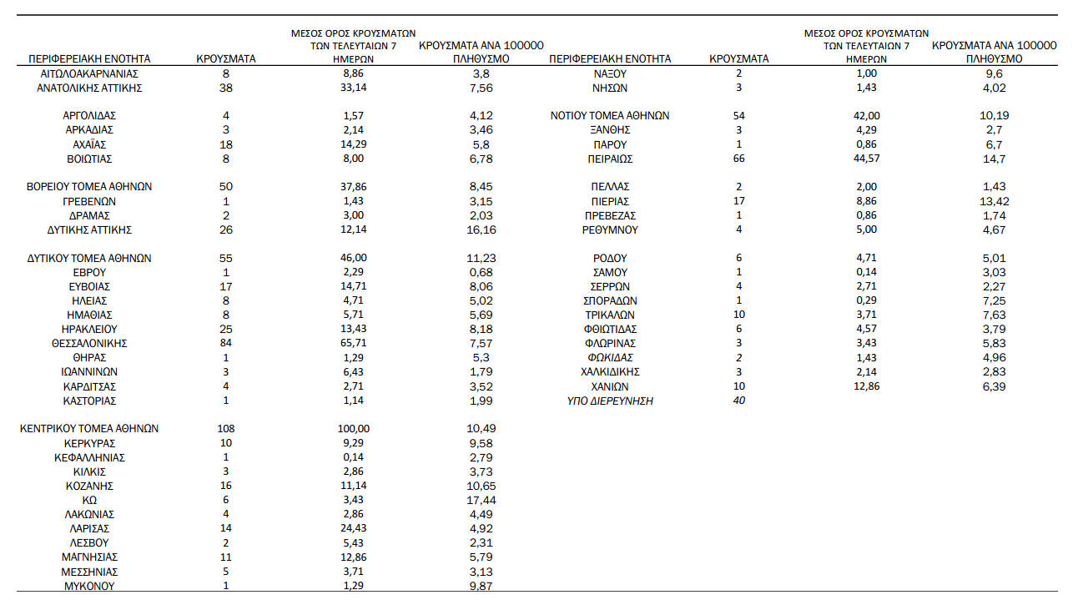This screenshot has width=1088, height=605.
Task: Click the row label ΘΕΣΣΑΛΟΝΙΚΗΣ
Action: point(89,343)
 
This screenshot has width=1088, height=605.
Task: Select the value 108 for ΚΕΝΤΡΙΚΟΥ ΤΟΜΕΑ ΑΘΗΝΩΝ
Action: point(225,428)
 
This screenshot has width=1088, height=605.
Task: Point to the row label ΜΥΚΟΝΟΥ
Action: point(89,586)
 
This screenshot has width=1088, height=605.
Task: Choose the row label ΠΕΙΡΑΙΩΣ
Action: point(610,159)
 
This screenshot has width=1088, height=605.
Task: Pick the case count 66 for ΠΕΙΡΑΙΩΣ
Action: point(738,159)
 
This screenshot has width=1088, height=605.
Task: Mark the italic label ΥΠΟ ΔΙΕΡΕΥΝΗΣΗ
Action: point(610,401)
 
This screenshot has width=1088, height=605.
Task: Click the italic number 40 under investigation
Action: point(738,401)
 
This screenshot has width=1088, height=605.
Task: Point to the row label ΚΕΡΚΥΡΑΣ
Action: point(89,443)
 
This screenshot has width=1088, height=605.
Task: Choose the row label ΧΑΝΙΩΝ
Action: point(610,386)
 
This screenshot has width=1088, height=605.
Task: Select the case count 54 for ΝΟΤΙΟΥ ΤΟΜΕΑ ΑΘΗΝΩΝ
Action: point(738,116)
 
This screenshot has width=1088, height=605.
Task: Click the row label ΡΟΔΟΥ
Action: point(610,258)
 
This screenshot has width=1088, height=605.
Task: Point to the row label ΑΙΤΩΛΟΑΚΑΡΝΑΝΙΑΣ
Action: point(89,73)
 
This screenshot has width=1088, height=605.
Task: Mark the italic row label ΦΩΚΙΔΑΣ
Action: point(610,358)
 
